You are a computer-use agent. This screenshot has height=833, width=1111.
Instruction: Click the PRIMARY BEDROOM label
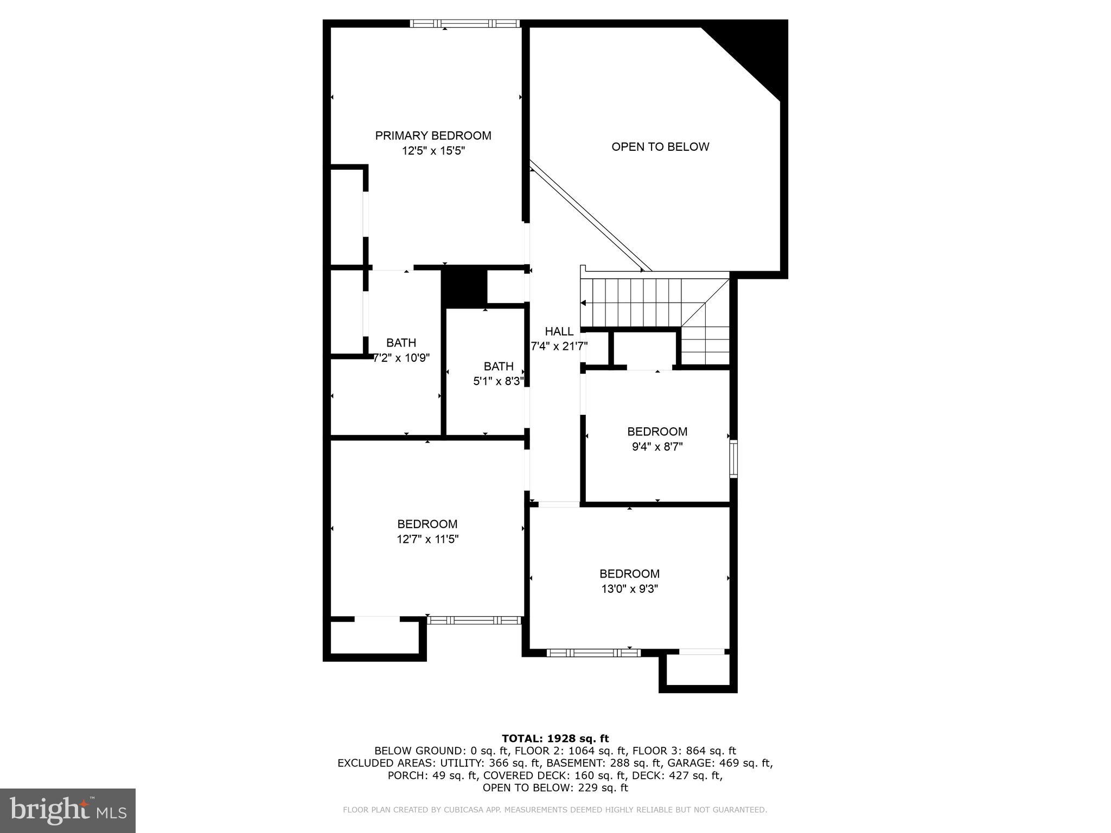[x=433, y=136]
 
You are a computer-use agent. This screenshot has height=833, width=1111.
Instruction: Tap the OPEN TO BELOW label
[x=660, y=146]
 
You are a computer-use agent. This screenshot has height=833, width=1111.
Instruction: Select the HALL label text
[x=559, y=331]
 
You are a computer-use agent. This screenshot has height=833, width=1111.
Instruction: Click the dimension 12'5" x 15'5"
[x=433, y=151]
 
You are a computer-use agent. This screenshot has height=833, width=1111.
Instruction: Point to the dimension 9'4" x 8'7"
[x=657, y=447]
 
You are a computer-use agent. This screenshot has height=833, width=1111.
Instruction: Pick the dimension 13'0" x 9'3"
[x=629, y=589]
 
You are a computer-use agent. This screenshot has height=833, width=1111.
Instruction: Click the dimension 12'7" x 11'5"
[x=427, y=539]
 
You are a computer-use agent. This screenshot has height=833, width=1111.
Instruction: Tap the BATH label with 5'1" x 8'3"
[x=498, y=366]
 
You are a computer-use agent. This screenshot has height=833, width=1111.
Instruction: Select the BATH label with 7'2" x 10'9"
[x=401, y=343]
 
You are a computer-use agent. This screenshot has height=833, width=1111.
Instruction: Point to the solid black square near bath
[x=464, y=286]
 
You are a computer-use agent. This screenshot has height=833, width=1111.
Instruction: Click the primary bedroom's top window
[x=464, y=23]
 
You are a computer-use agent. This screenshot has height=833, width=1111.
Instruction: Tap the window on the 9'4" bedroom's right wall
[x=733, y=459]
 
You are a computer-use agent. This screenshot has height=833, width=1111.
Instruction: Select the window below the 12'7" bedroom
[x=474, y=620]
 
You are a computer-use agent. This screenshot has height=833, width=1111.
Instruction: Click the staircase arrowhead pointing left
[x=584, y=303]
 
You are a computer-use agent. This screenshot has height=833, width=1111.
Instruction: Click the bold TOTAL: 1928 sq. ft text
[x=555, y=738]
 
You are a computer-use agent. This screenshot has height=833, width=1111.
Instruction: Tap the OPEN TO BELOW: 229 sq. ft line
[x=555, y=787]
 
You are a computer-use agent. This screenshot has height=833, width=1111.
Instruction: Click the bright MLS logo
[x=68, y=810]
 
